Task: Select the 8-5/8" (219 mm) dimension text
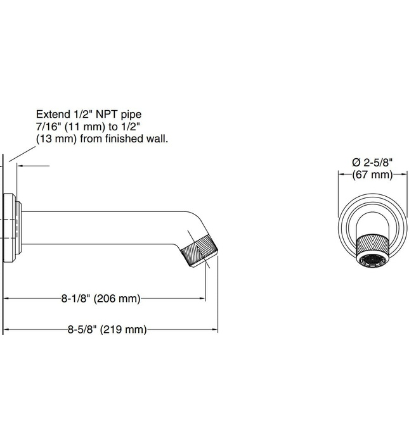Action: (107, 329)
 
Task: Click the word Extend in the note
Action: (52, 115)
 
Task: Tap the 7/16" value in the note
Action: (49, 127)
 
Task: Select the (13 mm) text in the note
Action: (55, 138)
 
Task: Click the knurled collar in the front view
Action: (372, 244)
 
